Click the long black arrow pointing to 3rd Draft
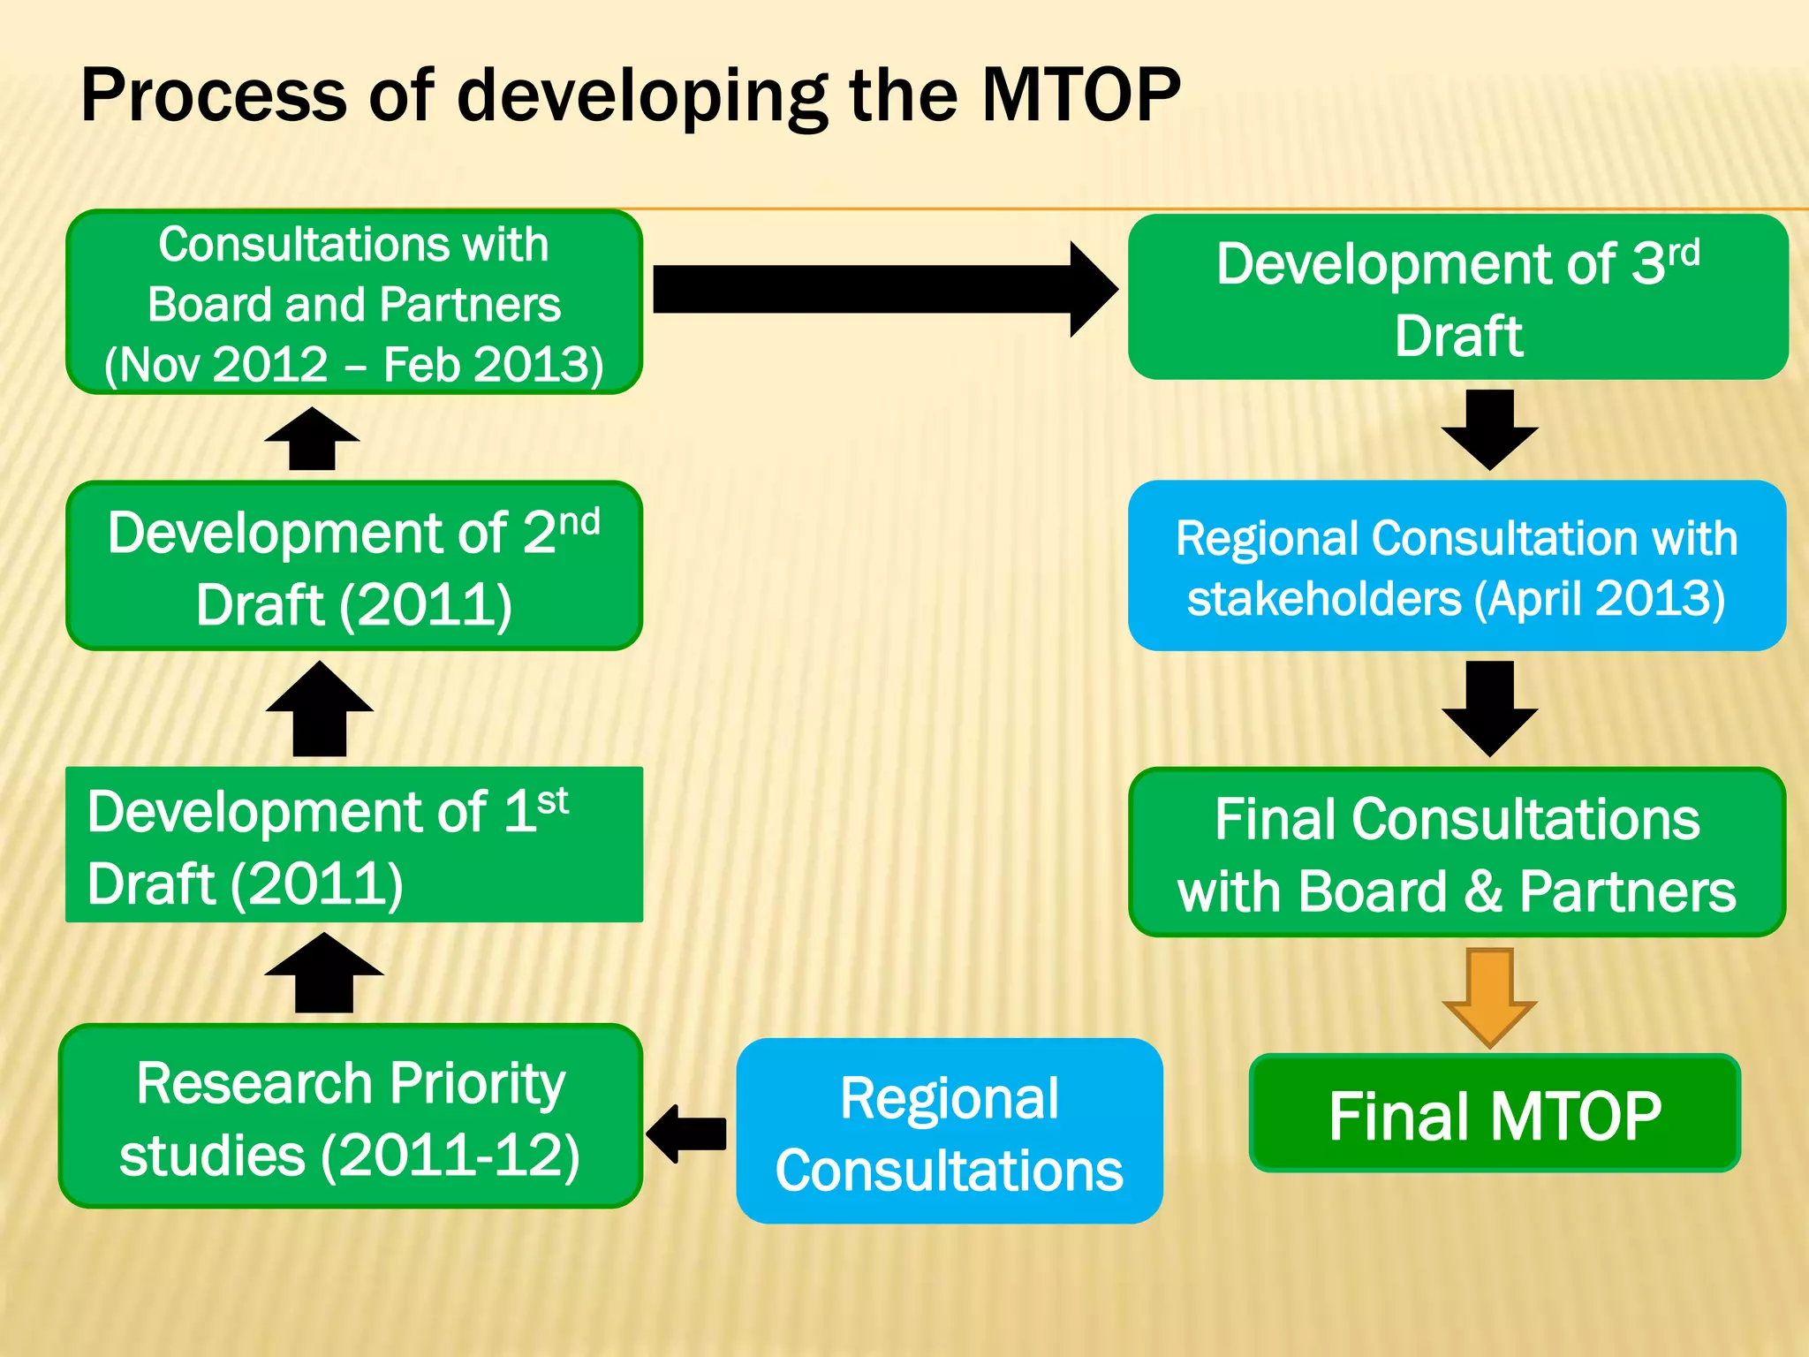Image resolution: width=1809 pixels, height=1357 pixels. (883, 289)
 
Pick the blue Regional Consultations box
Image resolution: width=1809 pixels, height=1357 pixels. (950, 1132)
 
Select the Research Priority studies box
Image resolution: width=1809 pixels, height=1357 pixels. (351, 1117)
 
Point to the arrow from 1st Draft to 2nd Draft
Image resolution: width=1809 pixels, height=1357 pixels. (320, 709)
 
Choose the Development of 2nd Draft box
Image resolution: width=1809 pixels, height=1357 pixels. (353, 566)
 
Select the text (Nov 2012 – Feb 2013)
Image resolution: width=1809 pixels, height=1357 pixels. (353, 364)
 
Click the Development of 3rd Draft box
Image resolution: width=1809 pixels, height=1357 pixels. (1457, 298)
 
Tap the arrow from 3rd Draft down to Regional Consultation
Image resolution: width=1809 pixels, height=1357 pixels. (1490, 429)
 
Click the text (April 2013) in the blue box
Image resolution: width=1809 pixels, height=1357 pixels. (1599, 599)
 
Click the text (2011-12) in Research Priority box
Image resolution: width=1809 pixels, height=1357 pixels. (450, 1156)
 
